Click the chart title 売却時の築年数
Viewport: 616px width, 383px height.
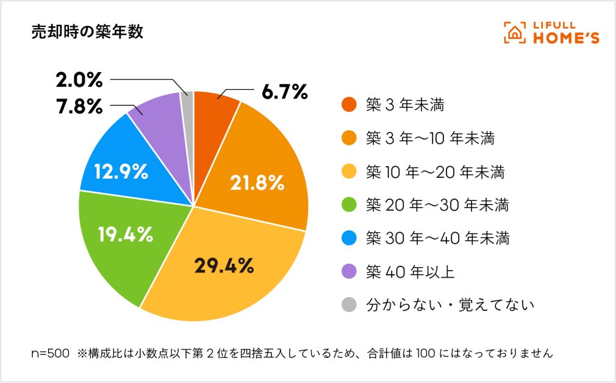[x=87, y=32]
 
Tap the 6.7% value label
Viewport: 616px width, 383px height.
[x=284, y=92]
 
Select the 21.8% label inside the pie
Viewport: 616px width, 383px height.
[x=257, y=182]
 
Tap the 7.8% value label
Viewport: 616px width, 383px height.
[x=79, y=106]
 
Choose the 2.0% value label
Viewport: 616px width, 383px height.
[x=79, y=80]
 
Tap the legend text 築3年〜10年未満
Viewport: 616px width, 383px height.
[x=429, y=138]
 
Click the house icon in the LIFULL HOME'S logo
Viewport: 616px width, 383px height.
[x=514, y=33]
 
